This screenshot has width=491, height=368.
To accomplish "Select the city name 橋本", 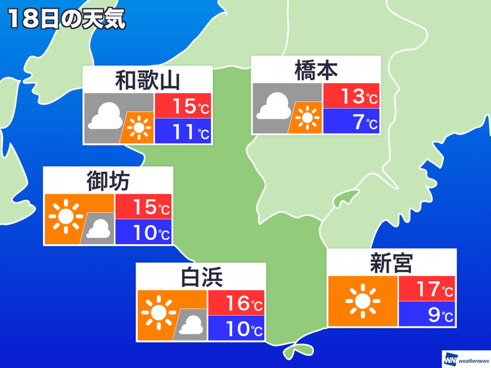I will click(x=316, y=70).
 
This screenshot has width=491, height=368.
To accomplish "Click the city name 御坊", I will click(x=107, y=181).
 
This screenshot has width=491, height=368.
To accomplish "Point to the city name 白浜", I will click(x=201, y=277).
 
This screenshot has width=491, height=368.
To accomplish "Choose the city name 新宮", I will click(x=391, y=262).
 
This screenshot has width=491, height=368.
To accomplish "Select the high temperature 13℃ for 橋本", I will click(x=352, y=96).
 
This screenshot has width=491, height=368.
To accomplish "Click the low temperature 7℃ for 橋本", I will click(x=352, y=121).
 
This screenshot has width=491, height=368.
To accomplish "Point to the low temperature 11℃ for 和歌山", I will click(x=183, y=132).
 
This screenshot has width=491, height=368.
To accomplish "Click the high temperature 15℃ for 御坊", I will click(x=143, y=207).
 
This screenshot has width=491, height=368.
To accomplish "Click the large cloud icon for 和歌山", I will click(x=105, y=116).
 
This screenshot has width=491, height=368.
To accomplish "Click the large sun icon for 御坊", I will click(x=66, y=217).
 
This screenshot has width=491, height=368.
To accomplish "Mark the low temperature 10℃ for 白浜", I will click(x=237, y=330).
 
